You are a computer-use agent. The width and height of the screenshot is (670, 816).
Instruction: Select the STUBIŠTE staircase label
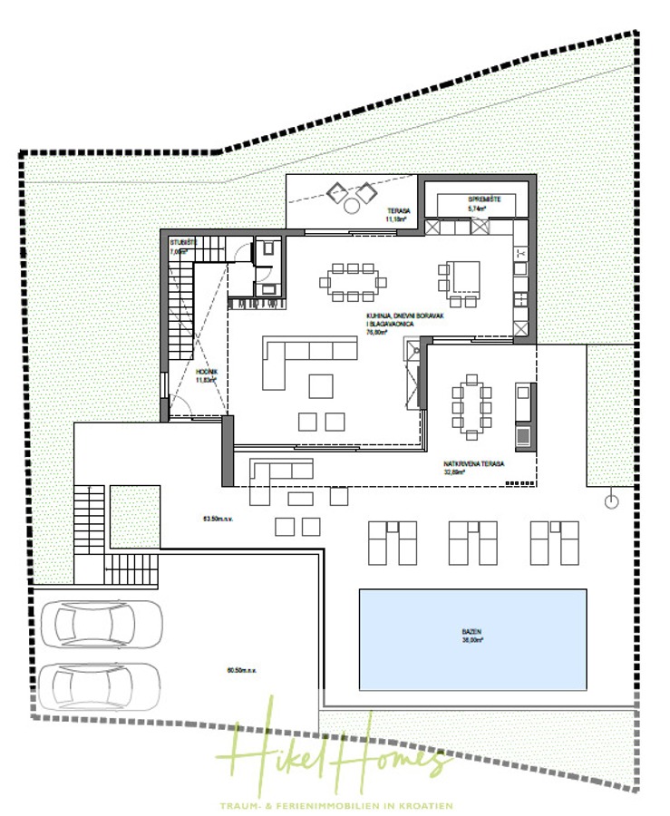[x=182, y=243]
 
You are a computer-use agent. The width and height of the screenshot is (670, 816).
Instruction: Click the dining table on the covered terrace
[x=472, y=403]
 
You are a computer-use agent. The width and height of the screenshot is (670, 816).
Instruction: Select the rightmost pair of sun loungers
[x=555, y=542]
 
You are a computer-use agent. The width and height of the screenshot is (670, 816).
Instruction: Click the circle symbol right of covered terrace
[x=612, y=500]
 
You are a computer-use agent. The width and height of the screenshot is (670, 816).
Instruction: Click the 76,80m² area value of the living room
[x=376, y=333]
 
